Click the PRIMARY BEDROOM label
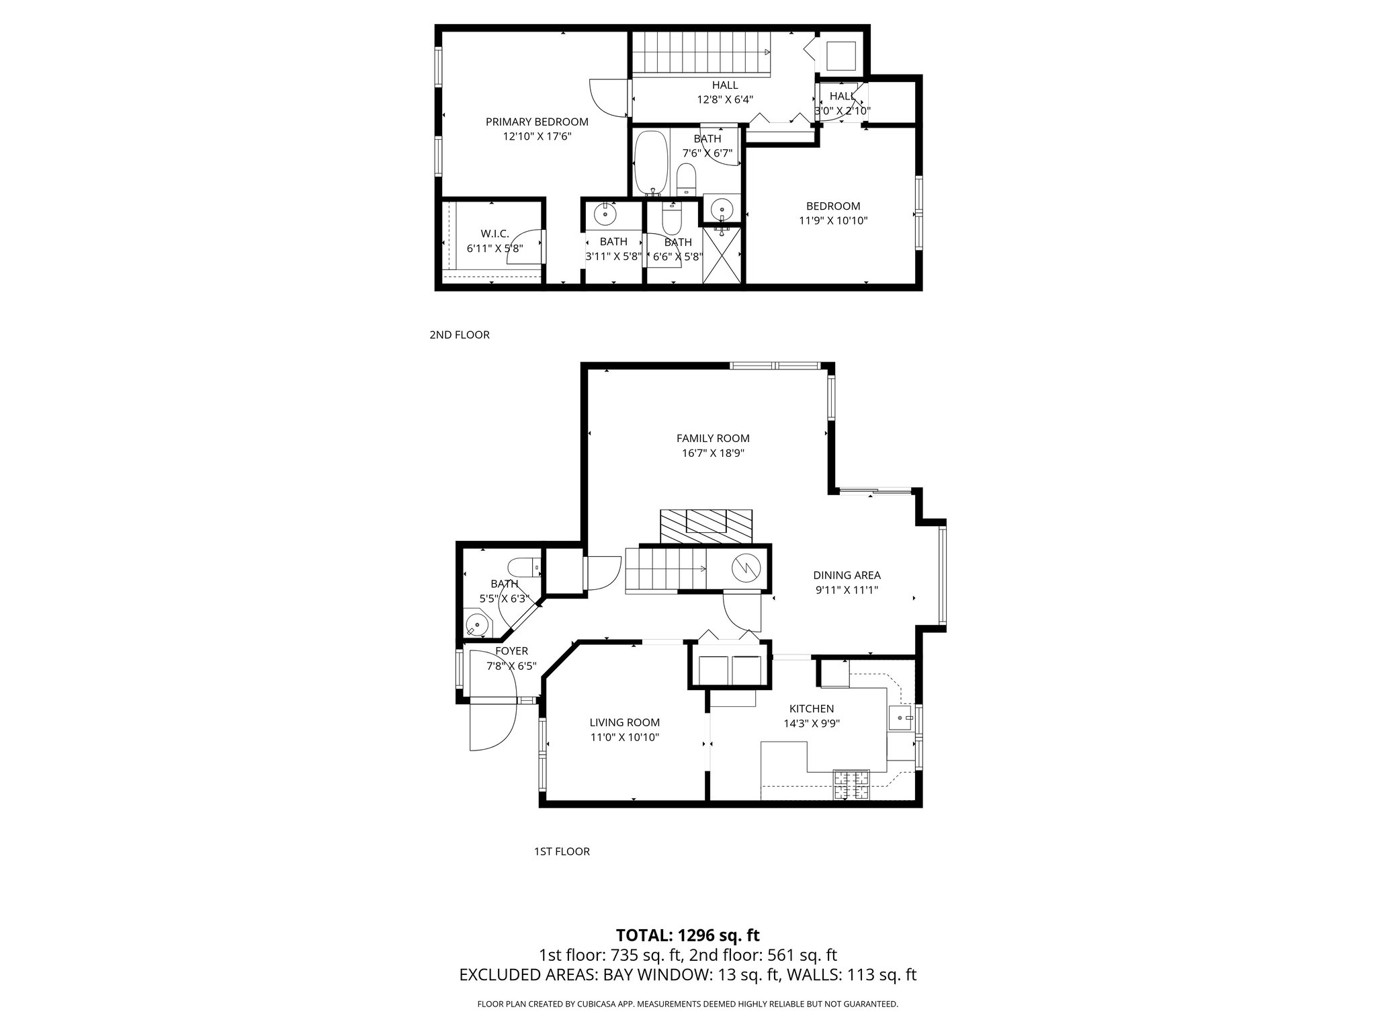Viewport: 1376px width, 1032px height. pyautogui.click(x=537, y=122)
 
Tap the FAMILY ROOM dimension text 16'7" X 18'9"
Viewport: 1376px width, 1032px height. pyautogui.click(x=713, y=453)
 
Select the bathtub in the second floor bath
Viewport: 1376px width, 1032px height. pyautogui.click(x=650, y=162)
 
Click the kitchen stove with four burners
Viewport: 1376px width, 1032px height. pyautogui.click(x=851, y=785)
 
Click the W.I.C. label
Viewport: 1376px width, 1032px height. pyautogui.click(x=494, y=234)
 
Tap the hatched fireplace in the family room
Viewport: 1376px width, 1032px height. pyautogui.click(x=705, y=525)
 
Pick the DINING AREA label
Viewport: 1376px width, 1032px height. pyautogui.click(x=847, y=575)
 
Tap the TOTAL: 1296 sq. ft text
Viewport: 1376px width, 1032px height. pyautogui.click(x=687, y=935)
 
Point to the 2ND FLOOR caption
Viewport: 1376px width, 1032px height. pyautogui.click(x=460, y=335)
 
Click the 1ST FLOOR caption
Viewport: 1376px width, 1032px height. pyautogui.click(x=562, y=851)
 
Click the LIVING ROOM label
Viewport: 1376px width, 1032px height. pyautogui.click(x=624, y=723)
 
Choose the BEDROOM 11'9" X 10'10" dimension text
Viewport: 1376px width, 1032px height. pyautogui.click(x=833, y=220)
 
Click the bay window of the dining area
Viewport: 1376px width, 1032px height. pyautogui.click(x=942, y=575)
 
